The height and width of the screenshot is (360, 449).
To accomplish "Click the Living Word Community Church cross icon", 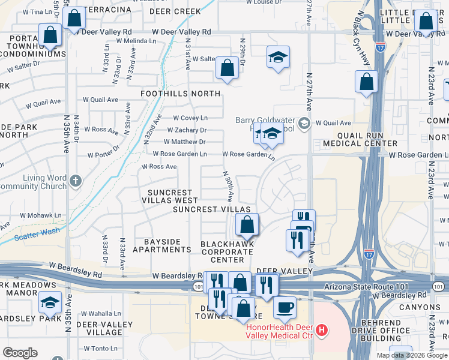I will pyautogui.click(x=75, y=180).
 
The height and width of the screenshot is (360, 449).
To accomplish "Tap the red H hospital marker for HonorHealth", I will pyautogui.click(x=322, y=329).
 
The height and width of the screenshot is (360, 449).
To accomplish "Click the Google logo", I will pyautogui.click(x=20, y=353).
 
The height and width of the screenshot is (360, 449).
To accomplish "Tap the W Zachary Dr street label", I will pyautogui.click(x=187, y=130).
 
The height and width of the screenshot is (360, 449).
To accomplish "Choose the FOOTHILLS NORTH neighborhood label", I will pyautogui.click(x=180, y=94).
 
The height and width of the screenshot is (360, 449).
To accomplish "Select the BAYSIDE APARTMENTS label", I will pyautogui.click(x=157, y=245).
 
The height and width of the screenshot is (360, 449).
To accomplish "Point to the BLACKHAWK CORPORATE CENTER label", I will pyautogui.click(x=228, y=252).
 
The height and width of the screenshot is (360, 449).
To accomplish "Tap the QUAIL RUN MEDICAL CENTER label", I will pyautogui.click(x=360, y=139).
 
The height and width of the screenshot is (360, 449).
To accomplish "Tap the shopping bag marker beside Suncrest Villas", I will pyautogui.click(x=247, y=225).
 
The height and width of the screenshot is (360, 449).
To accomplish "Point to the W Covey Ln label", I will pyautogui.click(x=190, y=118).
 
